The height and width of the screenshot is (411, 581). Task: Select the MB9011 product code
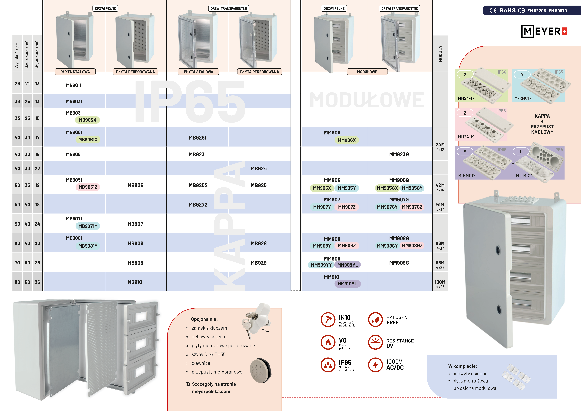coord(74,85)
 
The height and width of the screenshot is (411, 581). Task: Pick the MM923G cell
coord(399,154)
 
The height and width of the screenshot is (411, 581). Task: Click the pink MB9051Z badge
coord(88,187)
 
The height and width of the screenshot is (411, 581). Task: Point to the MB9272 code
coord(198,204)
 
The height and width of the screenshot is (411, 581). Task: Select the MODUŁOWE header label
coord(367,72)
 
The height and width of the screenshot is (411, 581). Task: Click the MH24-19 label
coord(466,137)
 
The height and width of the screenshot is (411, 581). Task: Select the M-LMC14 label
coord(524,176)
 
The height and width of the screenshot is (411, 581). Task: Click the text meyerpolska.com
coord(211,391)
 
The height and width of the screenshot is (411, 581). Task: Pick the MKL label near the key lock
coord(265,330)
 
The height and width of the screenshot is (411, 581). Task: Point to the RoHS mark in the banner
coord(507,10)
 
